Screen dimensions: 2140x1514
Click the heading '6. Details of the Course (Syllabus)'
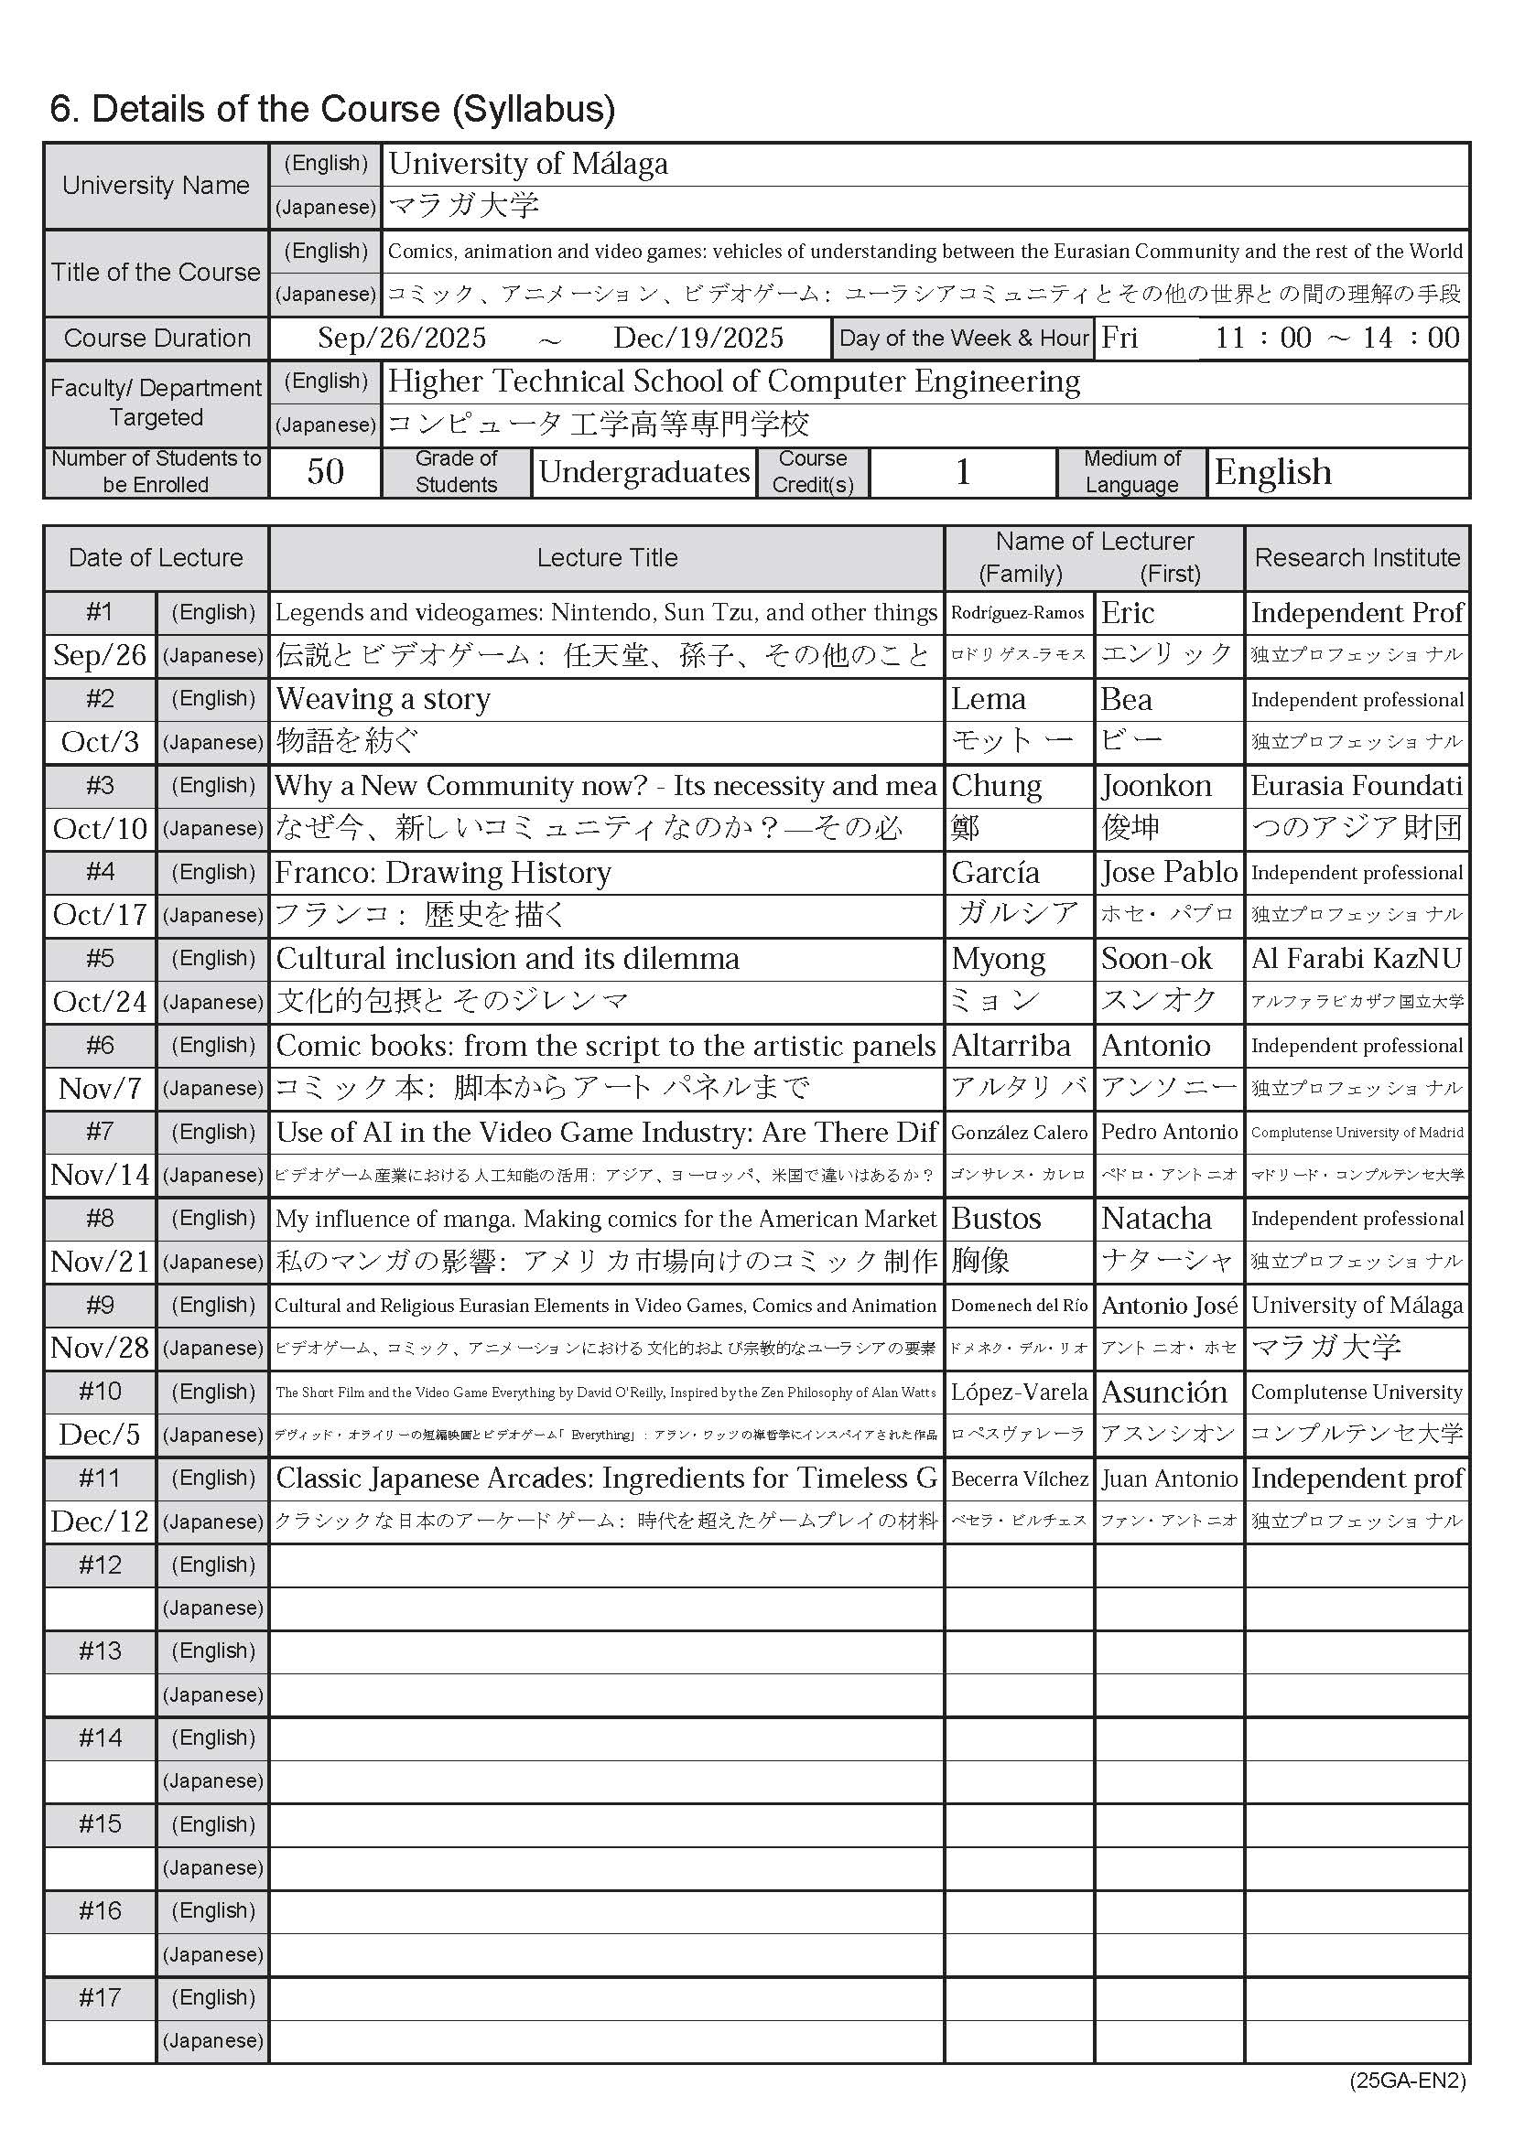click(332, 109)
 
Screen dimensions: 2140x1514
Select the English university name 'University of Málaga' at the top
click(527, 164)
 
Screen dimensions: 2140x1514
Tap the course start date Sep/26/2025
click(402, 338)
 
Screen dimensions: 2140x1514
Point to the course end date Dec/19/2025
click(698, 338)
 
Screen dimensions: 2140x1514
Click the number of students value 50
click(325, 471)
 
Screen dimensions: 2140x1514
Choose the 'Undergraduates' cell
click(644, 471)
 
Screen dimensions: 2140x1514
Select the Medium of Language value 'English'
click(1272, 471)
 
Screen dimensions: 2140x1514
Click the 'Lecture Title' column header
click(606, 557)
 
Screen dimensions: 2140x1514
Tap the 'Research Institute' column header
click(1357, 557)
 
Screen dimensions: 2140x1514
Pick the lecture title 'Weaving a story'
click(384, 699)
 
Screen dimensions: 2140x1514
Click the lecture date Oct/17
click(100, 914)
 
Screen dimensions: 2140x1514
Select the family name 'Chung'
click(996, 786)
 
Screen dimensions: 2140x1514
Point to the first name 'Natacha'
click(1156, 1218)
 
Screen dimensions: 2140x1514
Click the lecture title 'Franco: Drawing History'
click(444, 873)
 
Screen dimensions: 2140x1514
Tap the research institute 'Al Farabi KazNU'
click(1357, 958)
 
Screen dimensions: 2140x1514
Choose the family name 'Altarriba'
click(1011, 1045)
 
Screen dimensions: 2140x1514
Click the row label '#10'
click(100, 1392)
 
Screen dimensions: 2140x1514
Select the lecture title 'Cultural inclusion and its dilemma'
click(508, 958)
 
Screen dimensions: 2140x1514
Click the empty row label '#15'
click(100, 1824)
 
